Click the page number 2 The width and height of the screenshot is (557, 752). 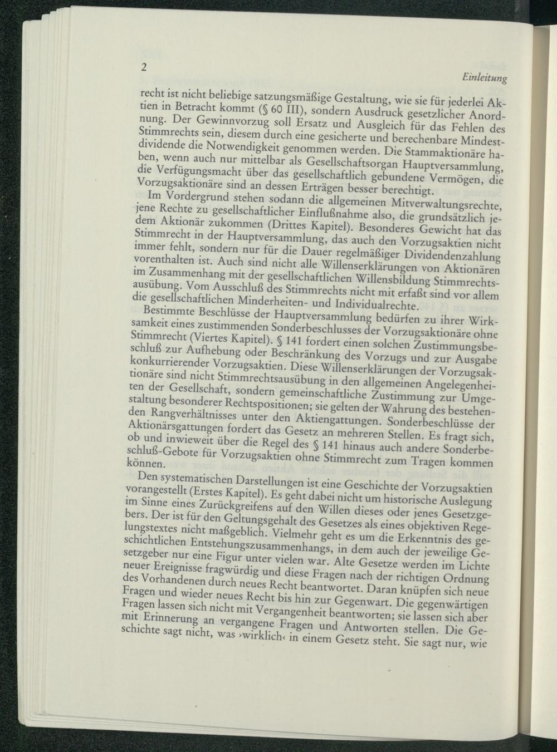(144, 68)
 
